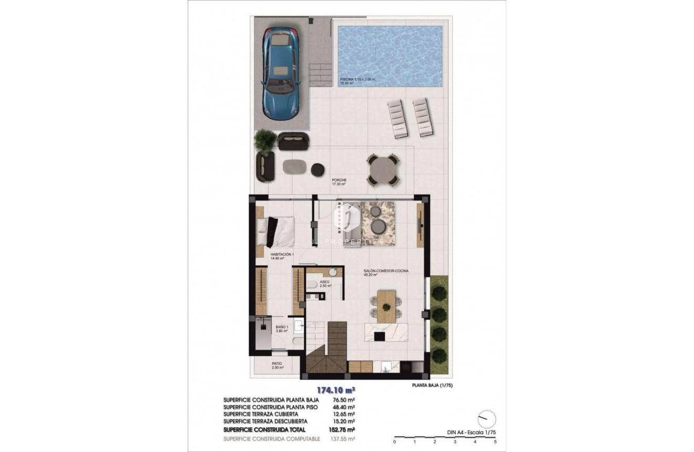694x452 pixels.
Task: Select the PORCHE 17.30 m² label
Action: pos(339,182)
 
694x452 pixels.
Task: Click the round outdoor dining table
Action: pos(382,169)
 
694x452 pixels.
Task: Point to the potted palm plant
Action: pos(264,141)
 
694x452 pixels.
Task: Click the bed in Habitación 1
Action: pos(277,232)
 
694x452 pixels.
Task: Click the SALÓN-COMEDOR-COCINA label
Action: pos(385,273)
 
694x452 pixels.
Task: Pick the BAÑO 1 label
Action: pos(282,329)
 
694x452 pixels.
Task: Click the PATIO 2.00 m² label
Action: pos(277,365)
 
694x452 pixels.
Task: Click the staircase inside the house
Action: pos(327,353)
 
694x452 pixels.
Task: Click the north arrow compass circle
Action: pos(486,419)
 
